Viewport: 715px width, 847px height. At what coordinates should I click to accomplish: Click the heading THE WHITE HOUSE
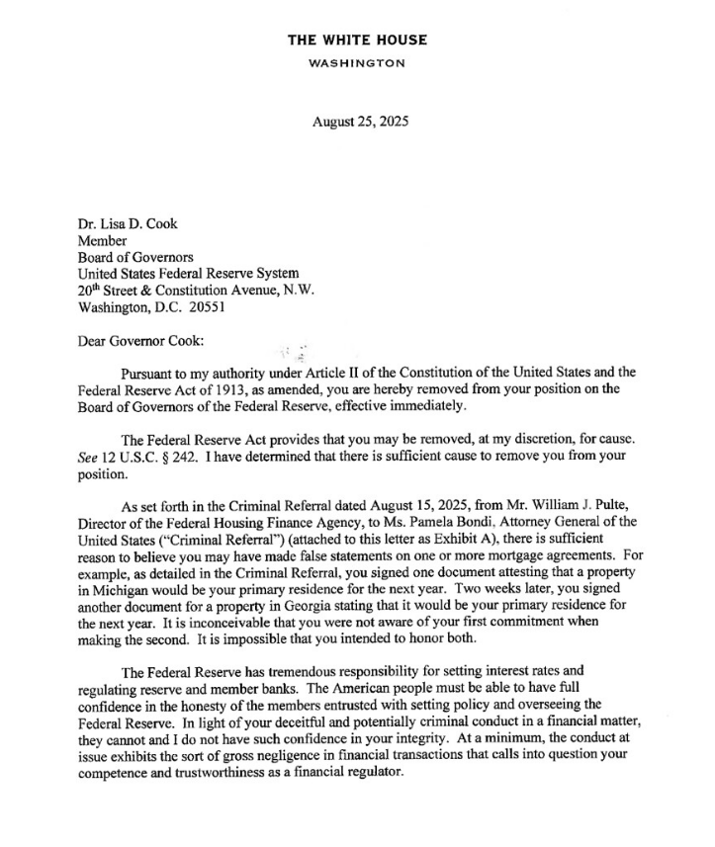357,40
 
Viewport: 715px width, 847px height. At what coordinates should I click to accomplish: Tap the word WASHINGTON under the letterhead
357,63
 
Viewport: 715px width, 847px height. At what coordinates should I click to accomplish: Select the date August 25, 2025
360,123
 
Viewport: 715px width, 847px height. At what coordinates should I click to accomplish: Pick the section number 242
178,456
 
